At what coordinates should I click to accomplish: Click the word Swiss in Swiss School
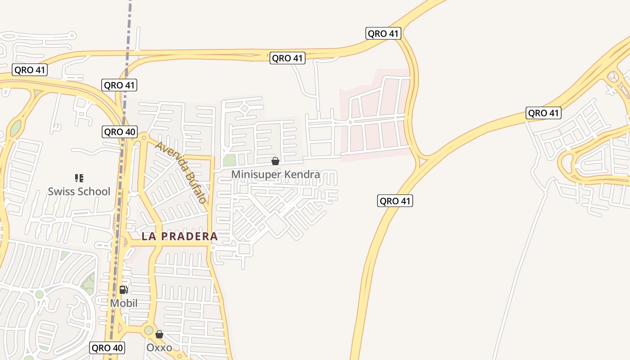coord(62,192)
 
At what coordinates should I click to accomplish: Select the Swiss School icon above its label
coord(79,178)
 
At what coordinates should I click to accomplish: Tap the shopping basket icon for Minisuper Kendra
coord(275,161)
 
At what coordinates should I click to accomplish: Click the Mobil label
coord(124,303)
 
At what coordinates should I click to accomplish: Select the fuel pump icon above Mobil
coord(124,290)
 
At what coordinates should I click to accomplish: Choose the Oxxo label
coord(159,348)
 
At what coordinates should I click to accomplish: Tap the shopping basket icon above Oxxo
coord(159,334)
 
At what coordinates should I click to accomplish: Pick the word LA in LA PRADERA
coord(149,236)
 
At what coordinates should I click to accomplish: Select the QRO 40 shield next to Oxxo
coord(108,348)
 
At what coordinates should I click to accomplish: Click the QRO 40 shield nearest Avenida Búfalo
coord(120,132)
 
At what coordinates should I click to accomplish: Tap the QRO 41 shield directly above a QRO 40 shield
coord(120,85)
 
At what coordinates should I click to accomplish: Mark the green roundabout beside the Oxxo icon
coord(148,331)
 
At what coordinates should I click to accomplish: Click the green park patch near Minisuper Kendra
coord(229,160)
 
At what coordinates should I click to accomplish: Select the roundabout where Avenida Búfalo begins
coord(144,137)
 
